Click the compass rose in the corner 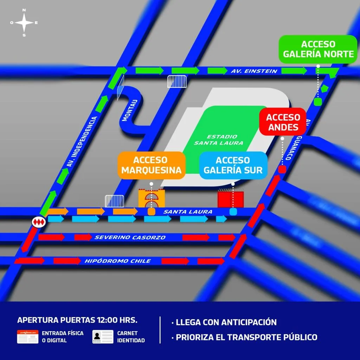[24, 22]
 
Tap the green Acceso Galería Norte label [318, 49]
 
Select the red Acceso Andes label [283, 122]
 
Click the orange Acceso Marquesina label [152, 165]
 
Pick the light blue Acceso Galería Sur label [233, 165]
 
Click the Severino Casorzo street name [130, 237]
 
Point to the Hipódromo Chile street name [117, 261]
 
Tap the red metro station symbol [38, 222]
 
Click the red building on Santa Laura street [231, 199]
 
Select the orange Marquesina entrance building [152, 198]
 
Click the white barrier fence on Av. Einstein [177, 82]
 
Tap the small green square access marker [318, 102]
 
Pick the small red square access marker [282, 170]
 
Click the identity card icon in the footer [103, 336]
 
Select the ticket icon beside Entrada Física [28, 336]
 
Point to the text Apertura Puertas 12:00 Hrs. [77, 320]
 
